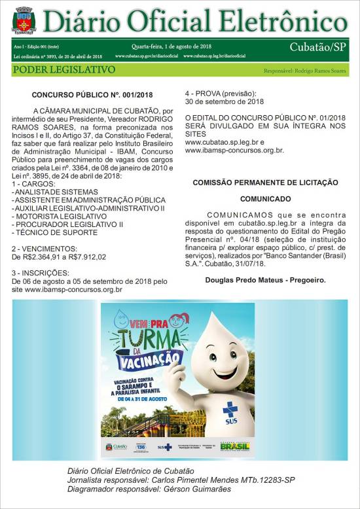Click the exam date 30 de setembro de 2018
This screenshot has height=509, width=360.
point(225,101)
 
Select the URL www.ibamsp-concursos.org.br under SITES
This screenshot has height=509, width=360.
point(234,150)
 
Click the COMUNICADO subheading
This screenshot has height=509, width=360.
point(265,198)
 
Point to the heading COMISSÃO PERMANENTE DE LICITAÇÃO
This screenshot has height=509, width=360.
point(265,182)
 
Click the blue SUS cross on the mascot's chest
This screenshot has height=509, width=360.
point(230,411)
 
